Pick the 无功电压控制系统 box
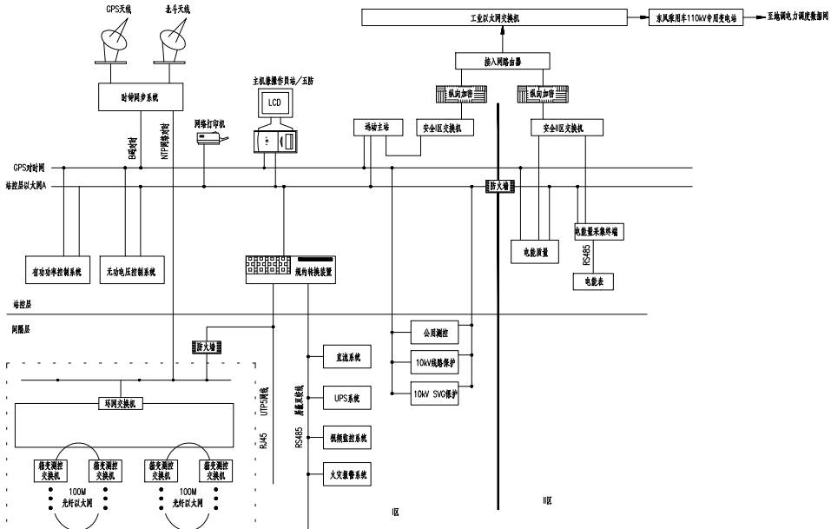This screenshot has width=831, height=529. pyautogui.click(x=132, y=272)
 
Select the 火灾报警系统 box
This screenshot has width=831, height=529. pyautogui.click(x=346, y=475)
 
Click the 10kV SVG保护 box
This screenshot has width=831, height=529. pyautogui.click(x=434, y=393)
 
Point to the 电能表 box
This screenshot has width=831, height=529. pyautogui.click(x=594, y=281)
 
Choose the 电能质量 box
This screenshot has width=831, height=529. pyautogui.click(x=535, y=251)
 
